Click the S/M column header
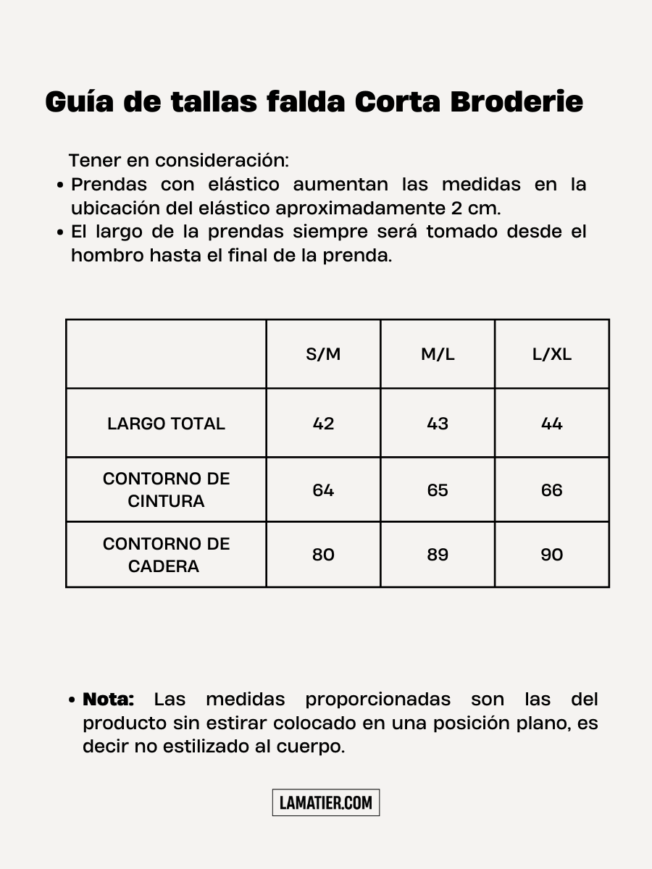click(x=323, y=354)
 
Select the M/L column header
click(x=438, y=354)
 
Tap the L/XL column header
click(x=552, y=354)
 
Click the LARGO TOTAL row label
click(x=166, y=424)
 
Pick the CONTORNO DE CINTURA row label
click(x=166, y=490)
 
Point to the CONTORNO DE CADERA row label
click(x=166, y=555)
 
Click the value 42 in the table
click(x=323, y=424)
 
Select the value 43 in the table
click(x=438, y=424)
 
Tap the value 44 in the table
click(x=552, y=424)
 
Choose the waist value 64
click(x=323, y=490)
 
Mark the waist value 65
click(x=438, y=490)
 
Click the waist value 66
click(x=552, y=490)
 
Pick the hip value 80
click(x=323, y=555)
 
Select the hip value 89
click(x=438, y=555)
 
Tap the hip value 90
click(x=552, y=555)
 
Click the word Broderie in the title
click(x=517, y=102)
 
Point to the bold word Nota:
click(x=109, y=700)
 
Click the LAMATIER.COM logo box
click(x=326, y=802)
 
